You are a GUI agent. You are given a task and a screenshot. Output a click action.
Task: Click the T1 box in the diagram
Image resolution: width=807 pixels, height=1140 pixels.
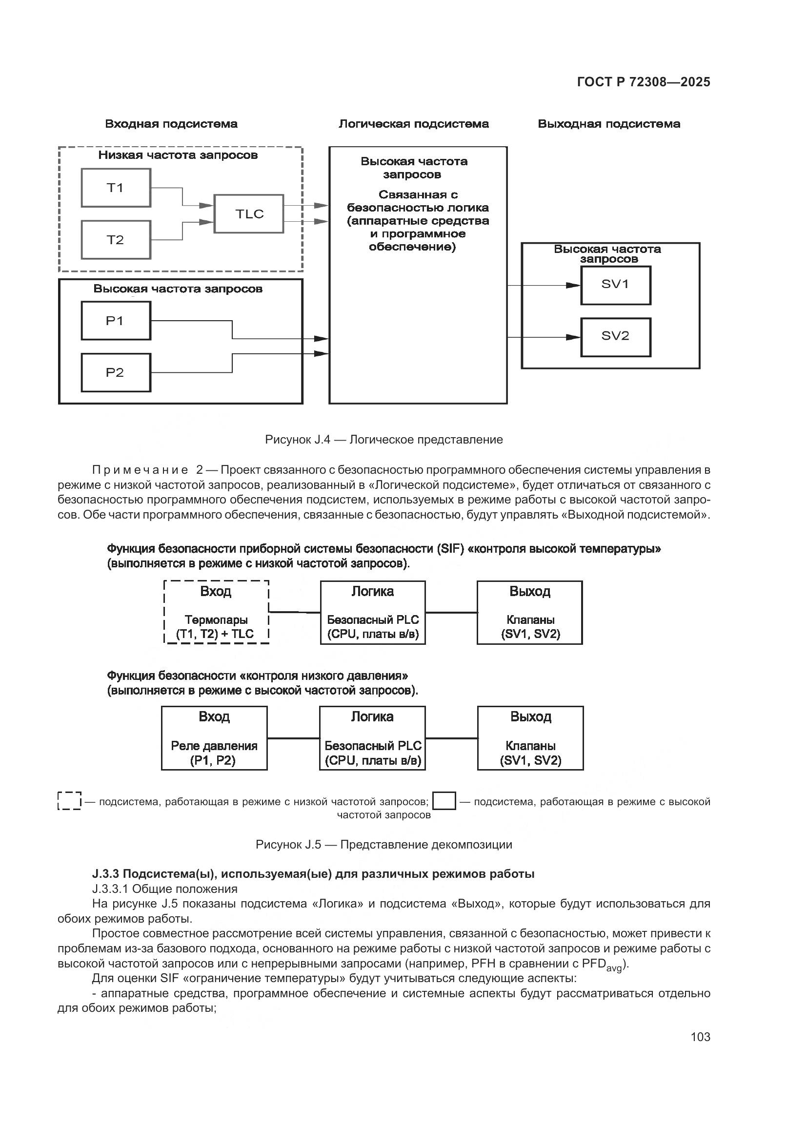pos(116,188)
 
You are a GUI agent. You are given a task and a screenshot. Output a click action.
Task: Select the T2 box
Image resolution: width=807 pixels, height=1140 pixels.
pos(116,240)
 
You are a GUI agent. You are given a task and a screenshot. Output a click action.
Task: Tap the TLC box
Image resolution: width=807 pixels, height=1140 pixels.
pos(248,214)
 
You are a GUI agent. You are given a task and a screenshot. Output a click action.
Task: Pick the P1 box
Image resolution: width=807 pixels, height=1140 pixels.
pos(116,321)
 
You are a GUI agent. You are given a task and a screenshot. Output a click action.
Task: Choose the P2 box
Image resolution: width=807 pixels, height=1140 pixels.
pos(116,373)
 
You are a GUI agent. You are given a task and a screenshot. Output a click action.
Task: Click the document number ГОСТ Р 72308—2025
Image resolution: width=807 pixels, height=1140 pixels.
pos(644,82)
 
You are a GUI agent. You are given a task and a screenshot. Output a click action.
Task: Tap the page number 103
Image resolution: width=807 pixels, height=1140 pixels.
pos(700,1037)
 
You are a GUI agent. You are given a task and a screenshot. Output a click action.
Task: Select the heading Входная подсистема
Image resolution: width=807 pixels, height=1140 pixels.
pos(171,124)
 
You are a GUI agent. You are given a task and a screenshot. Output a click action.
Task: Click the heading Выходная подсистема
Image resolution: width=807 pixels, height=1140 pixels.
pos(609,124)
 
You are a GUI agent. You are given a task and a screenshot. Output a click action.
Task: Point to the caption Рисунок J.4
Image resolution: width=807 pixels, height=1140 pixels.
pos(383,440)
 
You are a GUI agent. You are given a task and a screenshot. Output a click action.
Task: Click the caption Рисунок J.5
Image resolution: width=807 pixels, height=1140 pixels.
pos(383,845)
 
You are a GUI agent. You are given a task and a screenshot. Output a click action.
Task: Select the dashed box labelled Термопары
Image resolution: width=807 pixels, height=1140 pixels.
pos(216,612)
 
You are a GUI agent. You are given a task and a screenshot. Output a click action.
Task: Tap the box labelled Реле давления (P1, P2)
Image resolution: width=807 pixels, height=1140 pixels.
pos(214,738)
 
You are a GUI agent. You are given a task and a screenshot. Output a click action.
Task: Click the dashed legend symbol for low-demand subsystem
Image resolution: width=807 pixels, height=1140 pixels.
pos(70,800)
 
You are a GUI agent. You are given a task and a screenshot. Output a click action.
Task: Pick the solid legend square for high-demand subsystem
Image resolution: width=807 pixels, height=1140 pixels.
pos(444,801)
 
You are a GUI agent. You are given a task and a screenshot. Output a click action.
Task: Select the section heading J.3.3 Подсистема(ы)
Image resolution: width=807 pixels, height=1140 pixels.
pos(313,874)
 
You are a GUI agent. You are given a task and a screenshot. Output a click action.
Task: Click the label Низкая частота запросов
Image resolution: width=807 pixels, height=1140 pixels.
pos(178,155)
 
